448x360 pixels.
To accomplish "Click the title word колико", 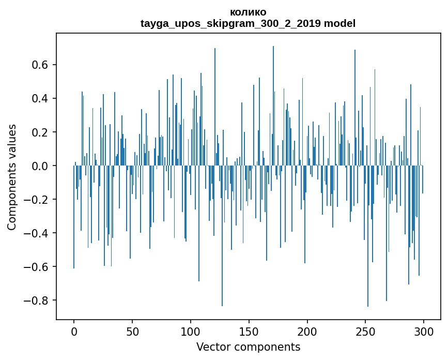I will point(248,12).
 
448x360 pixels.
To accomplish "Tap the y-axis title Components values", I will point(12,177).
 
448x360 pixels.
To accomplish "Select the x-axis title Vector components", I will point(248,347).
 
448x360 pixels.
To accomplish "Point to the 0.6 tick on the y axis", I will point(42,65).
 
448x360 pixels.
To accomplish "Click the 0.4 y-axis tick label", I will point(42,99).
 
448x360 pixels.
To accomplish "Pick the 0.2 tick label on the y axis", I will point(42,132).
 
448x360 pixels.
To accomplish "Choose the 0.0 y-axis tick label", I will point(42,166).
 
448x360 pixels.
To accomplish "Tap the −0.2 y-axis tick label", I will point(39,200).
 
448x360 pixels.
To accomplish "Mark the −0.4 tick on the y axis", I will point(39,233).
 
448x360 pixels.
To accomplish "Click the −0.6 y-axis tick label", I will point(39,267).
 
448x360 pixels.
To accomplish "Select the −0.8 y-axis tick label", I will point(39,301).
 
